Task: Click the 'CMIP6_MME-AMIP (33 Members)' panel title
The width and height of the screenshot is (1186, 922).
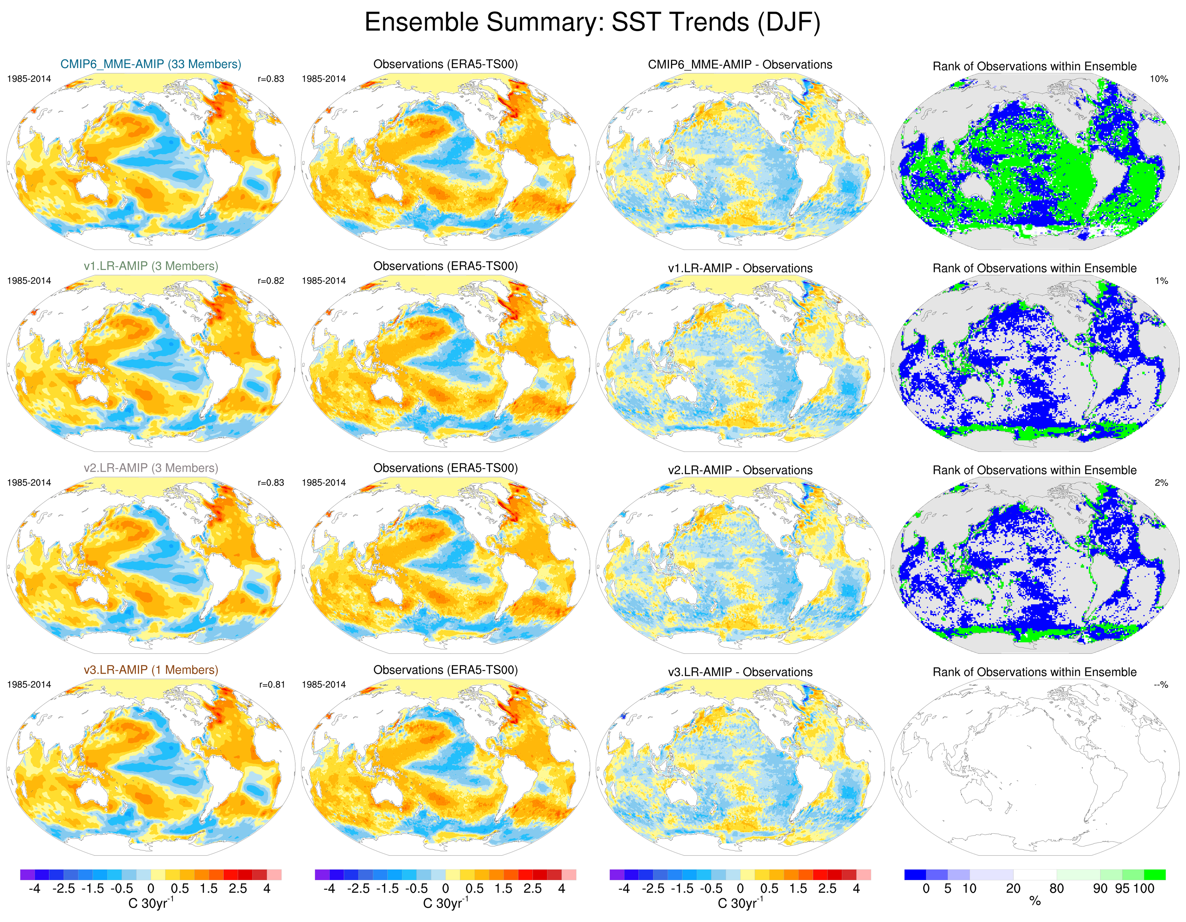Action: [151, 64]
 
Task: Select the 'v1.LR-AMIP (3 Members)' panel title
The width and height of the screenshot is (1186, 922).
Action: [151, 266]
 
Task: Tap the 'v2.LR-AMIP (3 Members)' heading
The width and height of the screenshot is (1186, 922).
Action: [151, 468]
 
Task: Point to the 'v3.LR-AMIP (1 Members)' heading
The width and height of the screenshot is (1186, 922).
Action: [151, 670]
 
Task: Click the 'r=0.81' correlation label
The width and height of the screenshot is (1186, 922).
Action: [271, 685]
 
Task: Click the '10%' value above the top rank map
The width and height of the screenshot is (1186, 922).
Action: [1158, 79]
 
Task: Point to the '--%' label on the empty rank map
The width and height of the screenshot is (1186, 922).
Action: [1160, 685]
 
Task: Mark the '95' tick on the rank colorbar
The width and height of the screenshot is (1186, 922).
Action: [1122, 888]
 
